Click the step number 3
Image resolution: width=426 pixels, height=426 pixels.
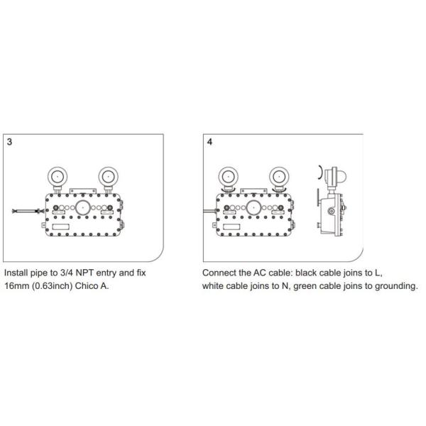(9, 142)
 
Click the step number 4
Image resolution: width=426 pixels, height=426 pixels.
(209, 142)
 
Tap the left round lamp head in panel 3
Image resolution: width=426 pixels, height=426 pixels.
(58, 177)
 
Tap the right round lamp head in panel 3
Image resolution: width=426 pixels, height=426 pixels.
(108, 177)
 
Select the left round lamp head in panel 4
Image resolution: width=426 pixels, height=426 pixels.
(228, 177)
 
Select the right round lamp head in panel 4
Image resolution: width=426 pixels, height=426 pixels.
(279, 177)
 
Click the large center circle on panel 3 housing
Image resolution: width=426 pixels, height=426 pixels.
(82, 208)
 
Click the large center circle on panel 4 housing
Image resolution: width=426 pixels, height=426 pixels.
(253, 208)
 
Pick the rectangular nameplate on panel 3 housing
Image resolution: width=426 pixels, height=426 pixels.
(60, 227)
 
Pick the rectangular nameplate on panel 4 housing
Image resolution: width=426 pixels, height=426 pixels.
(231, 227)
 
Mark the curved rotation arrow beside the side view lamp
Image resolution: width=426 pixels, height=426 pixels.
(321, 172)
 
